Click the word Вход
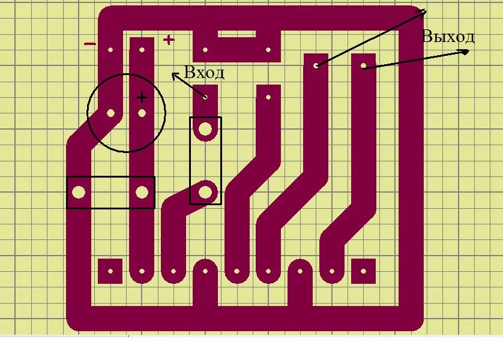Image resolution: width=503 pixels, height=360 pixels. pyautogui.click(x=204, y=73)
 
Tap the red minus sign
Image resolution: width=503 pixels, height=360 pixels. pyautogui.click(x=89, y=43)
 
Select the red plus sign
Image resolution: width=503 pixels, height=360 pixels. pyautogui.click(x=169, y=40)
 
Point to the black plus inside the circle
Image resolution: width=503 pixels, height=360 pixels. pyautogui.click(x=141, y=97)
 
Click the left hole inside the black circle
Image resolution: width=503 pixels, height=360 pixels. pyautogui.click(x=110, y=112)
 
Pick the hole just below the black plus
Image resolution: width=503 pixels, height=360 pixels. pyautogui.click(x=142, y=112)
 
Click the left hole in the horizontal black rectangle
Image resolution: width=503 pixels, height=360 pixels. pyautogui.click(x=79, y=192)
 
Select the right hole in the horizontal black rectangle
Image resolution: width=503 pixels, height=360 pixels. pyautogui.click(x=142, y=192)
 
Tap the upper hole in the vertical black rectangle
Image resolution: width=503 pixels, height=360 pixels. pyautogui.click(x=205, y=128)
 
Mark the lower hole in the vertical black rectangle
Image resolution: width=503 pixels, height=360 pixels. pyautogui.click(x=205, y=192)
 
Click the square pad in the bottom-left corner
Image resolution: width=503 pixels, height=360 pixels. pyautogui.click(x=110, y=271)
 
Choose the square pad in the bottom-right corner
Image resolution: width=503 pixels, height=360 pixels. pyautogui.click(x=363, y=271)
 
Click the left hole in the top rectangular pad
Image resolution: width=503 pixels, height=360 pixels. pyautogui.click(x=205, y=50)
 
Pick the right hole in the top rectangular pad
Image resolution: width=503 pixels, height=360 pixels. pyautogui.click(x=268, y=50)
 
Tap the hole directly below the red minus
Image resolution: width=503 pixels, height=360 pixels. pyautogui.click(x=110, y=50)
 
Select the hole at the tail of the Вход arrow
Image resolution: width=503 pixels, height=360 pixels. pyautogui.click(x=205, y=96)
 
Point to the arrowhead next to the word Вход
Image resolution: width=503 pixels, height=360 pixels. pyautogui.click(x=175, y=76)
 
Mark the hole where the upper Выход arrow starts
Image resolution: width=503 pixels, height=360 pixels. pyautogui.click(x=316, y=64)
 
